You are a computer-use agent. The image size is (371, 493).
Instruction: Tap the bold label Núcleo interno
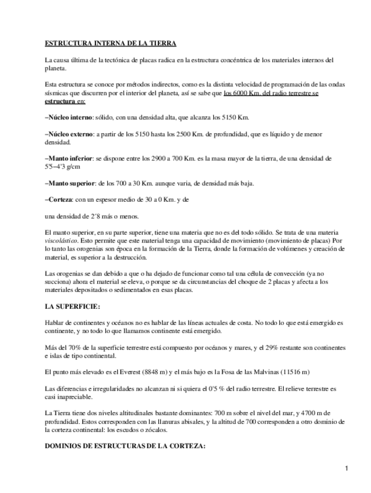click(x=70, y=117)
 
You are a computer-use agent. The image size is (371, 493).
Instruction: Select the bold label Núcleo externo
click(x=70, y=133)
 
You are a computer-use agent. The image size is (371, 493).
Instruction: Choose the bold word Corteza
click(x=59, y=199)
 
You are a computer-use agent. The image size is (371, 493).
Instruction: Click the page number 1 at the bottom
click(x=347, y=468)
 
